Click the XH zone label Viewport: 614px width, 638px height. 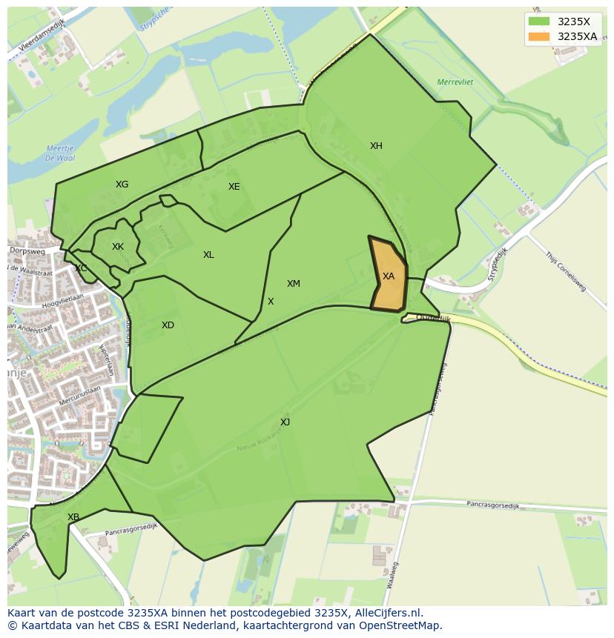tap(376, 146)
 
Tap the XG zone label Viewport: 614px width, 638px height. tap(122, 185)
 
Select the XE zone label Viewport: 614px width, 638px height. tap(234, 187)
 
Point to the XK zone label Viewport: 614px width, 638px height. tap(118, 247)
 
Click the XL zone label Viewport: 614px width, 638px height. tap(208, 255)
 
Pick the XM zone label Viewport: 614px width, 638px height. tap(294, 284)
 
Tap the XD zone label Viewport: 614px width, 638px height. tap(168, 325)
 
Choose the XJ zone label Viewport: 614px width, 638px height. tap(285, 422)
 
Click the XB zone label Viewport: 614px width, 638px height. tap(73, 517)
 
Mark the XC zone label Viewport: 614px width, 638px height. tap(81, 268)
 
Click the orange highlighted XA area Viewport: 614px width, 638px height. tap(389, 276)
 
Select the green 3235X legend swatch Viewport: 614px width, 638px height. tap(539, 22)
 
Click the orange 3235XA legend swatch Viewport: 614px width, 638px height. tap(539, 36)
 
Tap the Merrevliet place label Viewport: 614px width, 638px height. tap(455, 82)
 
